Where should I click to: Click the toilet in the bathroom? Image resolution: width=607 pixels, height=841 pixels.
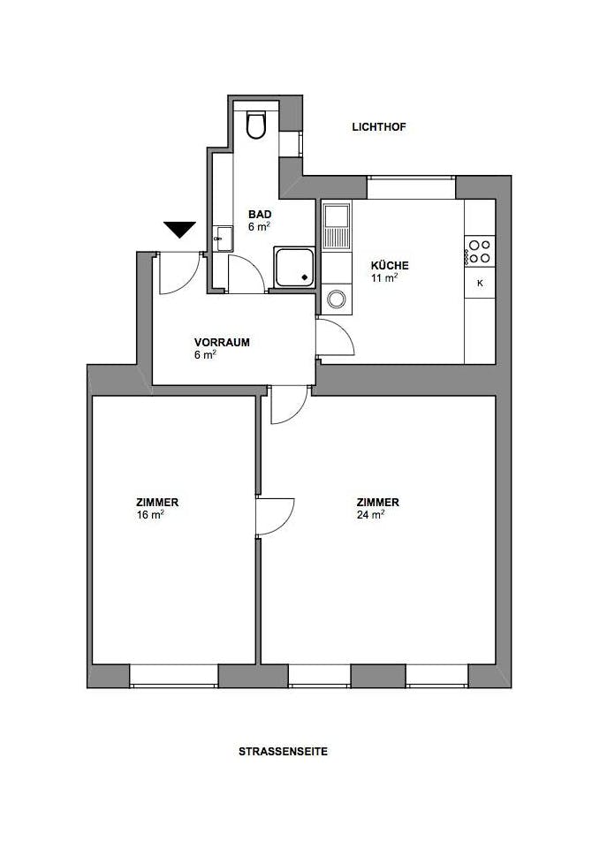pos(255,124)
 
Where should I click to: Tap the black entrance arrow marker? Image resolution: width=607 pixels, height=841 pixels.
pos(179,229)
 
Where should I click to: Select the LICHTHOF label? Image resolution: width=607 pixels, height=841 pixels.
pos(379,127)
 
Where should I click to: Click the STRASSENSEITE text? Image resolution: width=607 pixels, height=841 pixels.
pos(283,752)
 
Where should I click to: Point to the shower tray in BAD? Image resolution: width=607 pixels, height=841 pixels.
pos(294,267)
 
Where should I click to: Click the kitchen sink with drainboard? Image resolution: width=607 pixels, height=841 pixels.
pos(337,226)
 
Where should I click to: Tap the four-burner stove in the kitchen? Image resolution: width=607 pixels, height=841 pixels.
pos(480,251)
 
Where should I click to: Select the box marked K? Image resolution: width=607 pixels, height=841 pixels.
pos(480,283)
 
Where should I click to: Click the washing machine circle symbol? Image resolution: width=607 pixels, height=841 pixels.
pos(337,299)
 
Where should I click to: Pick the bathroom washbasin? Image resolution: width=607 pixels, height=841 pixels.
pos(223,239)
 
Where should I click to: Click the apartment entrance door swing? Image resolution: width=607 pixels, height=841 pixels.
pos(179,273)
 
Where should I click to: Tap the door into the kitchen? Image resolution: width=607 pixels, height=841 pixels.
pos(335,337)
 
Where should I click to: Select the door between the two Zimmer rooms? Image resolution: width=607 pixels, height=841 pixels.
pos(275,517)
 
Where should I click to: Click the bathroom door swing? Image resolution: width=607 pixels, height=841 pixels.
pos(247,274)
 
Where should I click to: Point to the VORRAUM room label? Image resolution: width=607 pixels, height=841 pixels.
pos(222,342)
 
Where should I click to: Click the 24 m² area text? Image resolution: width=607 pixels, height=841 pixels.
pos(371,515)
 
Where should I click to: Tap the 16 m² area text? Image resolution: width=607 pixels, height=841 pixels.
pos(150,515)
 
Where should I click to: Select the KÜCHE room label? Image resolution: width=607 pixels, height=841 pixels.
pos(390,266)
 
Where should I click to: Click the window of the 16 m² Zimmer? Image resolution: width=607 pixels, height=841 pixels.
pos(174,676)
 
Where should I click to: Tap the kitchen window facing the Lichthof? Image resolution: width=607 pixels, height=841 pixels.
pos(411,187)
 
